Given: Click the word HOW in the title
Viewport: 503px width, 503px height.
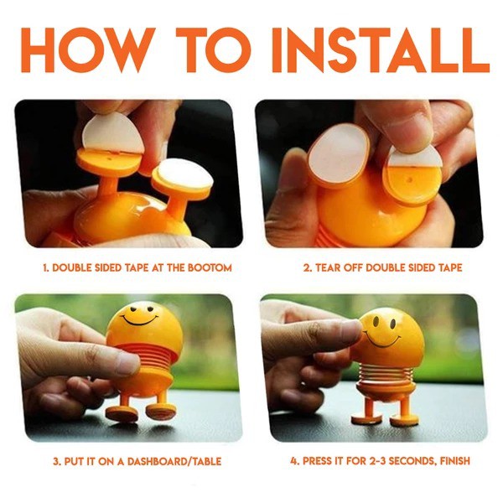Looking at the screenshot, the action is coord(86,50).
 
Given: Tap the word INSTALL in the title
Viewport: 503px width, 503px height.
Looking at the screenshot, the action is coord(381,50).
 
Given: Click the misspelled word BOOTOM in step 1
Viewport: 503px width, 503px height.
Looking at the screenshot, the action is coord(210,267).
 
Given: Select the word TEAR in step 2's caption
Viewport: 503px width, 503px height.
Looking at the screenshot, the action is coord(327,267).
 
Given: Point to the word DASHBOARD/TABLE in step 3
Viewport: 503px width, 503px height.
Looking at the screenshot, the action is coord(174,462).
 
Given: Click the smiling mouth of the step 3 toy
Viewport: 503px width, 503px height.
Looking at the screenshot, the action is coord(139,319).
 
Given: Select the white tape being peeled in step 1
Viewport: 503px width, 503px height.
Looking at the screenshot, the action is coord(112,132).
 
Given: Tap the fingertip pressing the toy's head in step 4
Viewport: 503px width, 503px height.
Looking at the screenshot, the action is coord(351,334).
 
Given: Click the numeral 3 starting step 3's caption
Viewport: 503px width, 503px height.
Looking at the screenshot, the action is coord(56,462).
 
